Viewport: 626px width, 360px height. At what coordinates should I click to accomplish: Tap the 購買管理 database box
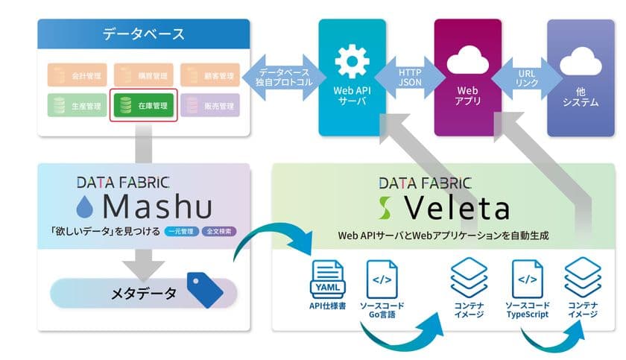144,75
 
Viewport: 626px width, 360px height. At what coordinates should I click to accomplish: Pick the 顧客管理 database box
209,75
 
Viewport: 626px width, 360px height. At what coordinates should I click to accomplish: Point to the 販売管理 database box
209,106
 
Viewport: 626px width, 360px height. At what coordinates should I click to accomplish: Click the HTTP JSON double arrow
409,76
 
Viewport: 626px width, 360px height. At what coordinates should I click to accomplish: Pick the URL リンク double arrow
525,76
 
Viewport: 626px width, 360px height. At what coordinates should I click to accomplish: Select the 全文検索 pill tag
220,231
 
